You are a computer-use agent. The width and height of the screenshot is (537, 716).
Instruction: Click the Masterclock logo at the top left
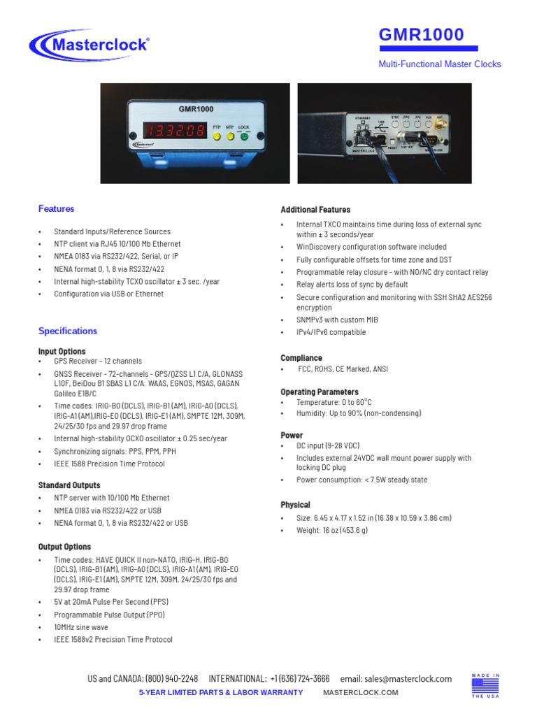pos(89,45)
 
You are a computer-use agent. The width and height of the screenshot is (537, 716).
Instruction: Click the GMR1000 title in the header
pos(421,35)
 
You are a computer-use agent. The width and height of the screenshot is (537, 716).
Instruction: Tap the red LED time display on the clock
pos(175,131)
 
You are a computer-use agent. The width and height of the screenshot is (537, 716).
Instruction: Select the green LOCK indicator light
pos(244,136)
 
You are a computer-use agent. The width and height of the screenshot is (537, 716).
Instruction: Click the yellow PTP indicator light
pos(217,136)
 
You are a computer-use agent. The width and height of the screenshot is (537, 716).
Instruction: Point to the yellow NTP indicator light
pos(230,136)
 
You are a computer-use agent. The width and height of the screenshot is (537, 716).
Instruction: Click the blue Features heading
pos(56,209)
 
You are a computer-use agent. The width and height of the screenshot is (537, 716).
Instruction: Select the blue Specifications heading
pos(68,331)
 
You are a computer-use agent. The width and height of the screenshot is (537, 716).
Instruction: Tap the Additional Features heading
pos(315,210)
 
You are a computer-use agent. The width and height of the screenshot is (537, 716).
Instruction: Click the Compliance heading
pos(301,358)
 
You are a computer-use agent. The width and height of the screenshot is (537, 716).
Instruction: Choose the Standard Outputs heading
pos(69,485)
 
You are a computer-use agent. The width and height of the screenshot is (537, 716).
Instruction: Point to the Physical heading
pos(295,505)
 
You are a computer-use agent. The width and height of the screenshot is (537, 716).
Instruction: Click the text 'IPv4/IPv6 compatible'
pos(331,333)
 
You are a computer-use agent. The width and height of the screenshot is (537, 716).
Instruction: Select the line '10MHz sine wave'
pos(81,627)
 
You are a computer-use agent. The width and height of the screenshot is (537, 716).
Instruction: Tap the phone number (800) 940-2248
pos(171,679)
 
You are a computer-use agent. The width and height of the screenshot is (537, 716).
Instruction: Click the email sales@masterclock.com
pos(408,679)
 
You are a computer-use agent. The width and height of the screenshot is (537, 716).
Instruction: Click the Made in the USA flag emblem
pos(486,686)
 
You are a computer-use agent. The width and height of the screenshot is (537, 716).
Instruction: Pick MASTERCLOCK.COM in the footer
pos(360,692)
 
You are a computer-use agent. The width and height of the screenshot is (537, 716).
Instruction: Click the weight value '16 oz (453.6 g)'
pos(332,531)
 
